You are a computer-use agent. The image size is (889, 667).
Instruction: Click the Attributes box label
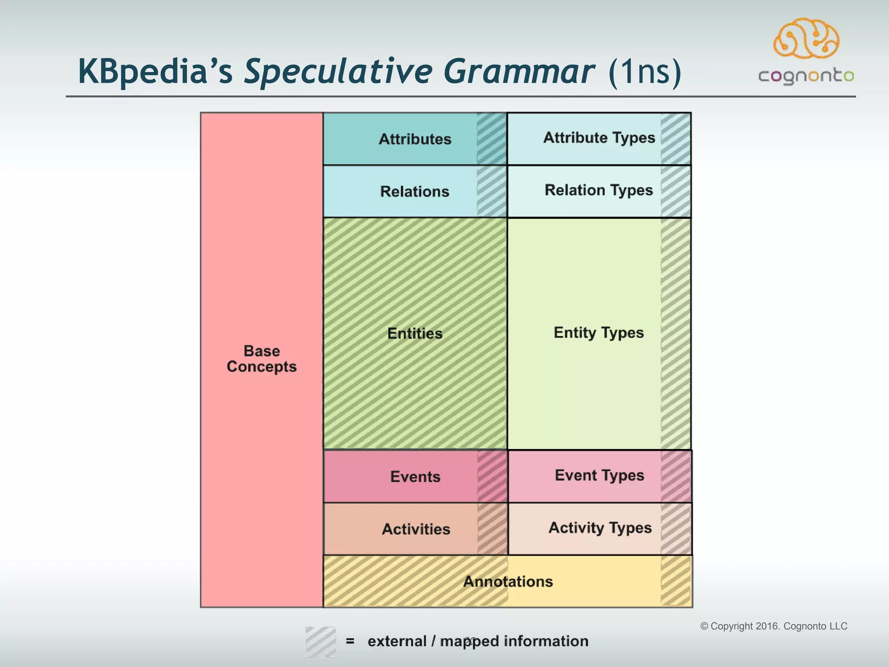pyautogui.click(x=415, y=139)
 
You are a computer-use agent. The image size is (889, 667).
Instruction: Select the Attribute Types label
pyautogui.click(x=599, y=138)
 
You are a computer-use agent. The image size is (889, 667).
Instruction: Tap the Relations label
pyautogui.click(x=415, y=192)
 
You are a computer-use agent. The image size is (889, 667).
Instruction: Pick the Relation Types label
pyautogui.click(x=599, y=190)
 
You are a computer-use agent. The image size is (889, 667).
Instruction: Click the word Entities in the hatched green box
pyautogui.click(x=415, y=333)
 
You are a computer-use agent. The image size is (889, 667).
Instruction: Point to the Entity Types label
pyautogui.click(x=599, y=333)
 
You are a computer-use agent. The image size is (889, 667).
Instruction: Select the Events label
pyautogui.click(x=415, y=477)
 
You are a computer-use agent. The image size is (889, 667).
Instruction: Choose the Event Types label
pyautogui.click(x=599, y=475)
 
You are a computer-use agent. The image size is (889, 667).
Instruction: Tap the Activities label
pyautogui.click(x=416, y=529)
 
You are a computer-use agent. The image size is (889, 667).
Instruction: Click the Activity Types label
pyautogui.click(x=600, y=528)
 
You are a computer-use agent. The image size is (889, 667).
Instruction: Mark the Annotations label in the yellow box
pyautogui.click(x=508, y=581)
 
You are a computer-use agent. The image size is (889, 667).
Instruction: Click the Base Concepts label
pyautogui.click(x=262, y=359)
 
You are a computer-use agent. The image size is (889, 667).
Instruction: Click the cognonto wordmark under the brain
pyautogui.click(x=806, y=76)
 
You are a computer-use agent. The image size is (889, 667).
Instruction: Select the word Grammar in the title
pyautogui.click(x=518, y=72)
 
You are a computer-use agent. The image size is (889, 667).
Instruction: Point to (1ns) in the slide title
pyautogui.click(x=645, y=72)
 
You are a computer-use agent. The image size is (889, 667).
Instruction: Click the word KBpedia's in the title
pyautogui.click(x=155, y=72)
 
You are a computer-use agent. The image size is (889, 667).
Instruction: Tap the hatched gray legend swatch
pyautogui.click(x=320, y=641)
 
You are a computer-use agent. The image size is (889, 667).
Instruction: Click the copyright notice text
pyautogui.click(x=774, y=626)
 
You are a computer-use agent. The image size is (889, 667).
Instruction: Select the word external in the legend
pyautogui.click(x=397, y=641)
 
